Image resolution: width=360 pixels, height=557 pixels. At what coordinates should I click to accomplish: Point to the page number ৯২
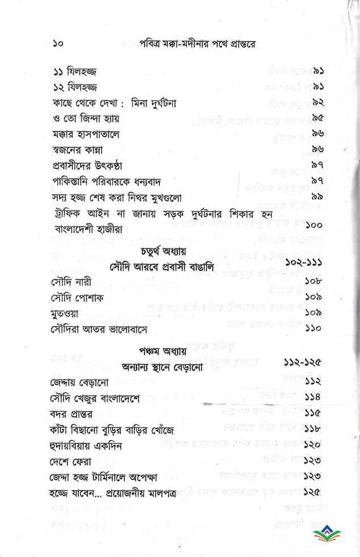(317, 104)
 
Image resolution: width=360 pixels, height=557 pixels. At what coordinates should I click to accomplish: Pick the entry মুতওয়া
(66, 313)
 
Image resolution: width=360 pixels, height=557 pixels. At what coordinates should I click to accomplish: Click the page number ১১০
(314, 328)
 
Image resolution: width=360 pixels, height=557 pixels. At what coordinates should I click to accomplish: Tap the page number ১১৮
(314, 429)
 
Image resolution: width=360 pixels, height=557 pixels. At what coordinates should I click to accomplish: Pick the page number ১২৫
(314, 491)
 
